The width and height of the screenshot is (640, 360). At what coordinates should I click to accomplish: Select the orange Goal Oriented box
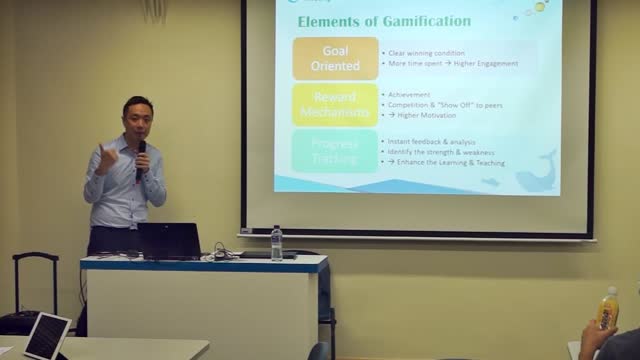(x=335, y=58)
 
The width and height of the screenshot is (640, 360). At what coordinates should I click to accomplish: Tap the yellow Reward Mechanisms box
(x=335, y=104)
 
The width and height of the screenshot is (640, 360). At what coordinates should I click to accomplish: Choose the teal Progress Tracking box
(x=335, y=150)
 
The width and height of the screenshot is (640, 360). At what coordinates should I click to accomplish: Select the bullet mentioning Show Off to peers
(x=445, y=104)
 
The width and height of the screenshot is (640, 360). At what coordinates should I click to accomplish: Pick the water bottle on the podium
(x=276, y=242)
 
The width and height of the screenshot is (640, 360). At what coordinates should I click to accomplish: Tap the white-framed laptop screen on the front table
(x=47, y=335)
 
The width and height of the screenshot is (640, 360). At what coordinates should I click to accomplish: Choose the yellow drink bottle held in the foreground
(x=607, y=310)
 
